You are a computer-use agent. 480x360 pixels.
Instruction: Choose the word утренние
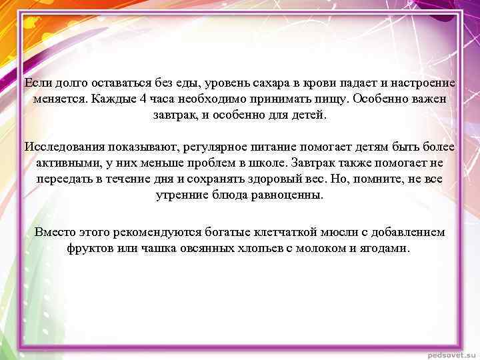[x=180, y=195]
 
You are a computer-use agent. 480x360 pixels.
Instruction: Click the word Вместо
[x=55, y=233]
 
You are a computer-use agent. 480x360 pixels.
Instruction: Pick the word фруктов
[x=90, y=249]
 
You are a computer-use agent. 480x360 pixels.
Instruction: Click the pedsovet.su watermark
[x=450, y=353]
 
